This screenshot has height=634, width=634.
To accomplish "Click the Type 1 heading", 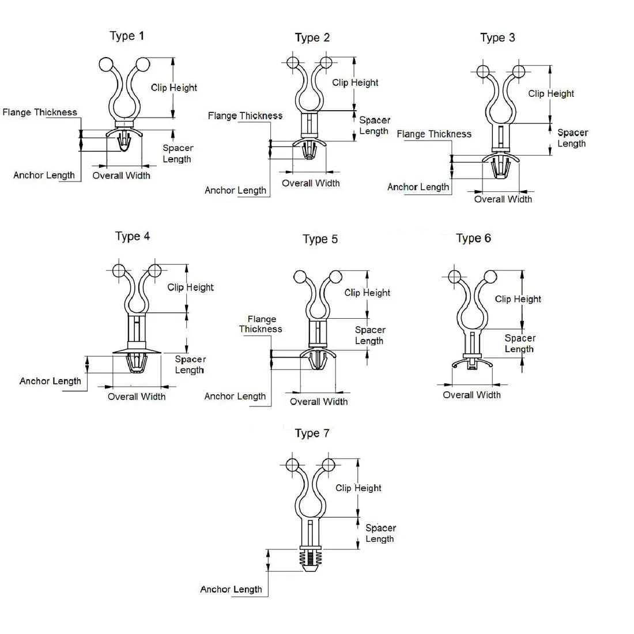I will [x=127, y=36].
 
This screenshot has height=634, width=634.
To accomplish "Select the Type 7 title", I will [x=312, y=433].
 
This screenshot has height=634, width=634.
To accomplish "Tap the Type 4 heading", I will [x=132, y=236].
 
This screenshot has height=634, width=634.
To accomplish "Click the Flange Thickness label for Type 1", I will [x=40, y=112].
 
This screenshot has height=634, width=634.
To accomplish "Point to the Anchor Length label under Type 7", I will [x=231, y=589].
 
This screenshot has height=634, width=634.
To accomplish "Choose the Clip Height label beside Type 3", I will [x=551, y=93].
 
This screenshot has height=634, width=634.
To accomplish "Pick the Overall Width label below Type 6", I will [x=471, y=395].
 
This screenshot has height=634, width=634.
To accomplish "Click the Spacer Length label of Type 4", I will [x=190, y=364].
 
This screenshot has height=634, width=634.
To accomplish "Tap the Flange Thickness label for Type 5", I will [x=261, y=324].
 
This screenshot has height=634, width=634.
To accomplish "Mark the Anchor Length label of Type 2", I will [x=235, y=190].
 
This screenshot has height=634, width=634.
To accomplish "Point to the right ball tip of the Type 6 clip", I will [x=490, y=276].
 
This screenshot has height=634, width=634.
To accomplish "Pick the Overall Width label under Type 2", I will [x=311, y=183].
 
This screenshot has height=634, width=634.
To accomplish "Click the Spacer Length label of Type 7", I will [x=380, y=533].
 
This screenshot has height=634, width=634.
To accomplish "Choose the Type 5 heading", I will [x=320, y=239].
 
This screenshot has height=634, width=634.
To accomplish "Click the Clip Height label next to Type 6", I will [x=518, y=299].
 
